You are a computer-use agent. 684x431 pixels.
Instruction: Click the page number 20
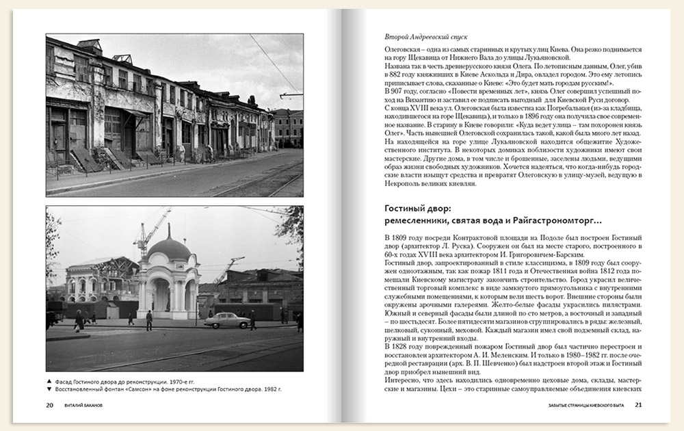[50, 404]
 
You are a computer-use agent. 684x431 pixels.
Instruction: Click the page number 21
[639, 404]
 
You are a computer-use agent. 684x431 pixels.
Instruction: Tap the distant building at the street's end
[287, 126]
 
